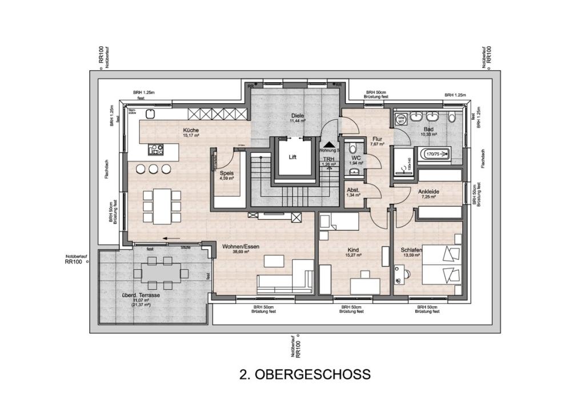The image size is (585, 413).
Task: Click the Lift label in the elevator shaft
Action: click(292, 156)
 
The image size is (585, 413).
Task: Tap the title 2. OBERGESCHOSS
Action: click(305, 374)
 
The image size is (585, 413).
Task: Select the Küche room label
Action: click(191, 129)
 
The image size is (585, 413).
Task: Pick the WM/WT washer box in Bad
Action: click(401, 119)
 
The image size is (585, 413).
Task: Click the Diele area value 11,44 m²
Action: click(298, 122)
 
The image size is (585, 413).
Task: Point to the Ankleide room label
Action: click(428, 191)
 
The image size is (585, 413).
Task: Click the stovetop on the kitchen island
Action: click(156, 149)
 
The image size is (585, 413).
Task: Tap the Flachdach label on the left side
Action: click(107, 169)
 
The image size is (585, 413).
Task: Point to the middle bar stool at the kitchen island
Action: click(153, 169)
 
